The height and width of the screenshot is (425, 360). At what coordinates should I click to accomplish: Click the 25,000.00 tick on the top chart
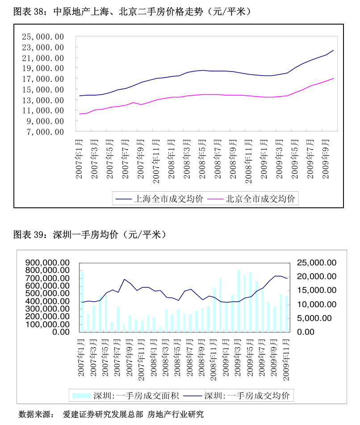point(43,37)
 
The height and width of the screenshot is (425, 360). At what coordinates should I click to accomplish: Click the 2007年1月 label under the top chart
point(80,159)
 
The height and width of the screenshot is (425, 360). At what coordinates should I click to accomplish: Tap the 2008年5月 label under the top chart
point(202,159)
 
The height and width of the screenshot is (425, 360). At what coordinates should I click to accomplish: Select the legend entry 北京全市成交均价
point(260,199)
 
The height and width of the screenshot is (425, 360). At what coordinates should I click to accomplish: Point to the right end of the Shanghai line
point(333,50)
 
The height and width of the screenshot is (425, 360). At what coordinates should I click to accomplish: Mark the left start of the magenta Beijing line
point(80,114)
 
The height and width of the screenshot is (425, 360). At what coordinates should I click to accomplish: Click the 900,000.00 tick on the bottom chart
point(47,262)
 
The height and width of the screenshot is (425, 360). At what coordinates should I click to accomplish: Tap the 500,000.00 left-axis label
point(47,293)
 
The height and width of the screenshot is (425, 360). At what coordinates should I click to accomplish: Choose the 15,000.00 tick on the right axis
point(315,290)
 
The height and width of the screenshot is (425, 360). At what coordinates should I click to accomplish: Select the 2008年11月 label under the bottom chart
point(214,357)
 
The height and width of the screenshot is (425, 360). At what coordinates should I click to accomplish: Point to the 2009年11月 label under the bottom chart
point(287,357)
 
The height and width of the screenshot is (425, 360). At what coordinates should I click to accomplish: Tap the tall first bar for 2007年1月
point(82,301)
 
